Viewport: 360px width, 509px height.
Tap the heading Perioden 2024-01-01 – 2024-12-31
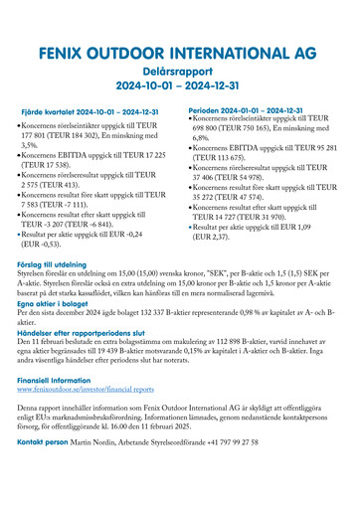tap(246, 110)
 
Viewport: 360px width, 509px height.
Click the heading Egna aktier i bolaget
tap(55, 303)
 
